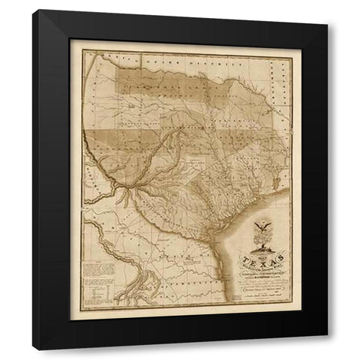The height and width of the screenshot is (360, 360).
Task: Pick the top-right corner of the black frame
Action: [x=327, y=11]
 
